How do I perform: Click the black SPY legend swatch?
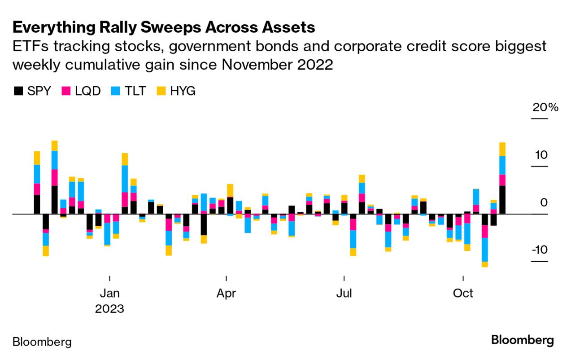18,91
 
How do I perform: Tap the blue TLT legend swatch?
115,91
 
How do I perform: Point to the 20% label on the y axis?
545,108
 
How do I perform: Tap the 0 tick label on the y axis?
544,202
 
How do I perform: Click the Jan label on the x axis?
109,294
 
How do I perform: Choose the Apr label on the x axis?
227,294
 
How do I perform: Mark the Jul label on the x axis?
344,294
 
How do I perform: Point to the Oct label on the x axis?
463,294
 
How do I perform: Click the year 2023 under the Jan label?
109,309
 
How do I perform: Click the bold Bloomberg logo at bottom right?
523,340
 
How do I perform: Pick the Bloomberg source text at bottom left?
42,342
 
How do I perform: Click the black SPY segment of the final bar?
502,200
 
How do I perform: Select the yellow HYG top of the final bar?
502,149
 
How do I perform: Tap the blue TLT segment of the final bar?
502,165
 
